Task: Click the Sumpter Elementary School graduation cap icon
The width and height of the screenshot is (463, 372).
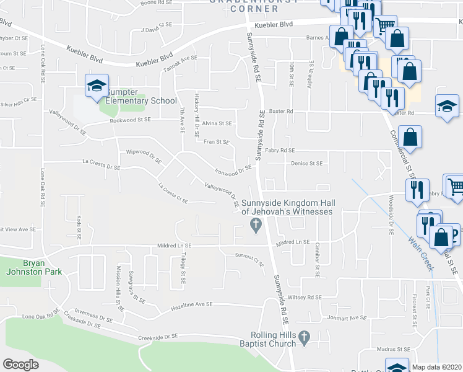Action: tap(97, 86)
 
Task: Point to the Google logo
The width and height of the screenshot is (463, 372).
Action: tap(21, 365)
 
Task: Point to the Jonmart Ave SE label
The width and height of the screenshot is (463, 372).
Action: tap(349, 318)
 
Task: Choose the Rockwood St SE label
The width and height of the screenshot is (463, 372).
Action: tap(130, 120)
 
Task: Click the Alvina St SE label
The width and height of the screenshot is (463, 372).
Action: tap(217, 123)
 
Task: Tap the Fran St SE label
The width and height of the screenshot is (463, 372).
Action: tap(217, 142)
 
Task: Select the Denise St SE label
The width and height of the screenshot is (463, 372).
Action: tap(307, 164)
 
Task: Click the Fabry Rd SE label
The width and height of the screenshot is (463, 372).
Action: tap(280, 150)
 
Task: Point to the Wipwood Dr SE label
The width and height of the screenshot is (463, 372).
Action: tap(143, 156)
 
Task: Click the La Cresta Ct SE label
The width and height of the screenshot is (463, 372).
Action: tap(173, 192)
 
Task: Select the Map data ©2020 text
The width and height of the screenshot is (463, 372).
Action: tap(436, 367)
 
